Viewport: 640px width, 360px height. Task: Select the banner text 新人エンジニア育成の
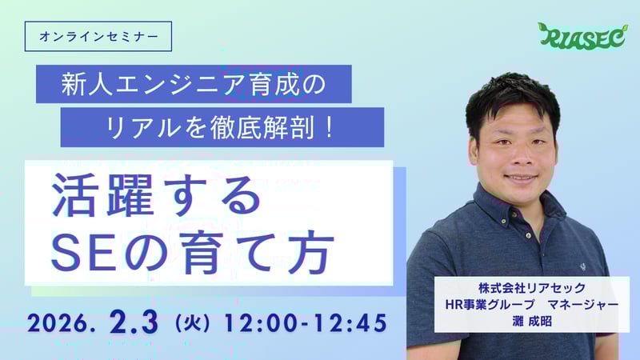[194, 84]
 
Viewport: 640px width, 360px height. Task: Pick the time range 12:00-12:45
[306, 323]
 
